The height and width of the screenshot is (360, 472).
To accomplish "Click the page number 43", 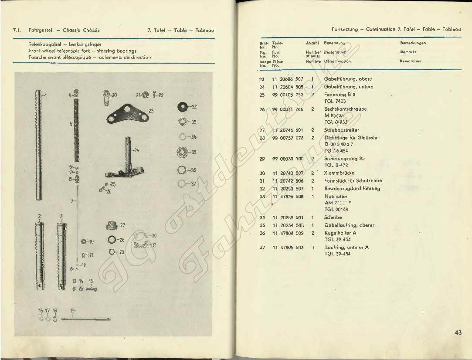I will point(458,333).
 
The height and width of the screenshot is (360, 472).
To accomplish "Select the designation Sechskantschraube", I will point(346,109).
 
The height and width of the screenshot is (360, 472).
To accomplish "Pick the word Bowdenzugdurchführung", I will point(352,188).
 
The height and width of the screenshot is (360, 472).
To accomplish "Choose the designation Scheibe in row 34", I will point(333,217).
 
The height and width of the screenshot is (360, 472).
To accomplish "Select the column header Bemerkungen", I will point(413,43).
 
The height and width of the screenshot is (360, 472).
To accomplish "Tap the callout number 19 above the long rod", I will point(73,311).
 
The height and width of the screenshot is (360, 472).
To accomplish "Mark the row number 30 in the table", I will point(262,173).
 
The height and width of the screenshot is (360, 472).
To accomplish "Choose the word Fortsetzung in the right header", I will point(345,29).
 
